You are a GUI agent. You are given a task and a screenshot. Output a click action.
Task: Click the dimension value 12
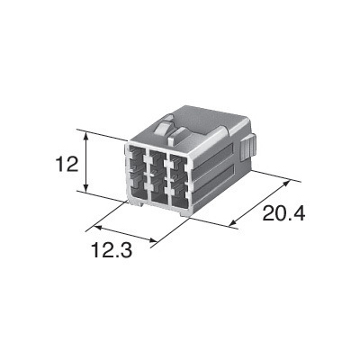[67, 165]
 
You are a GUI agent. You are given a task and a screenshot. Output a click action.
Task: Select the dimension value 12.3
[112, 250]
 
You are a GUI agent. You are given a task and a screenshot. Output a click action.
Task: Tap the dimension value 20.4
[283, 213]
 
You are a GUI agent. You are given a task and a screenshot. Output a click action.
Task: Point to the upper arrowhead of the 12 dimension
[86, 138]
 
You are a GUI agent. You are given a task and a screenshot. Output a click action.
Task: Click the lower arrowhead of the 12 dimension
[86, 187]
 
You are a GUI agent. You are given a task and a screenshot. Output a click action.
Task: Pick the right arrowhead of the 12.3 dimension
[152, 240]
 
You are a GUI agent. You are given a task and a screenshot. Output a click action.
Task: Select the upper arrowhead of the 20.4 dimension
[286, 184]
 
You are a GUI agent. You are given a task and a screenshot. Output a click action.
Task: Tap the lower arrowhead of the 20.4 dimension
[233, 222]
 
